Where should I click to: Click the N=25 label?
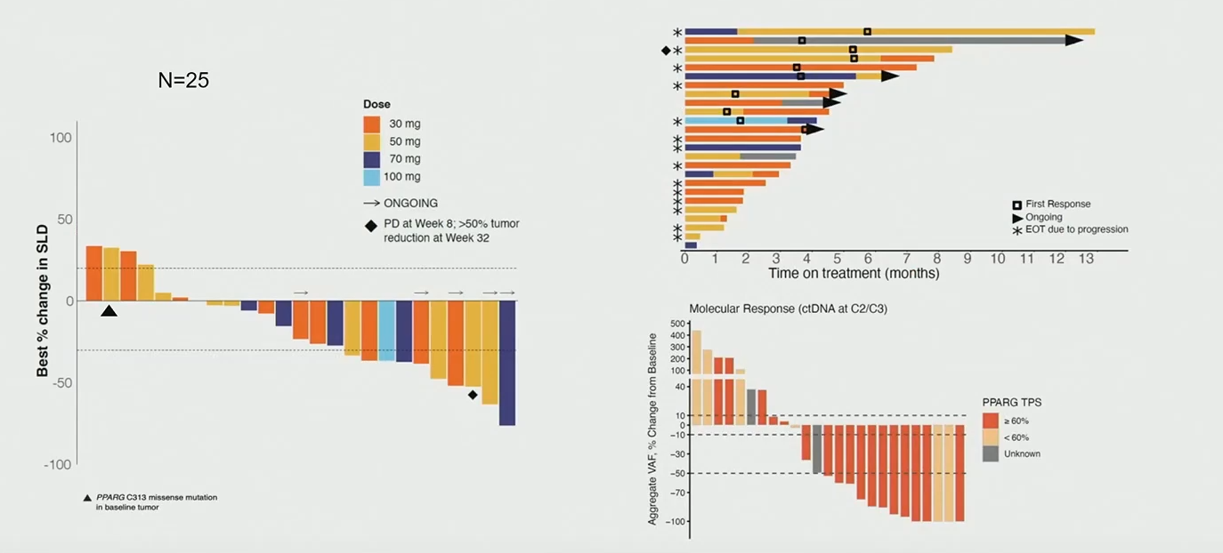pos(183,80)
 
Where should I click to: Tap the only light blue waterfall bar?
pos(386,330)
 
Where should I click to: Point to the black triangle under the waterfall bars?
pos(109,310)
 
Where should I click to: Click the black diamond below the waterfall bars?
pos(473,395)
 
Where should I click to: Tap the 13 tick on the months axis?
pos(1087,259)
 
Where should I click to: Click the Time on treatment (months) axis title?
pos(854,274)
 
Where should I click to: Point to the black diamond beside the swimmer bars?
pos(666,51)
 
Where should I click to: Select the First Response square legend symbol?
pos(1016,204)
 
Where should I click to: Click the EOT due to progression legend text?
pos(1077,229)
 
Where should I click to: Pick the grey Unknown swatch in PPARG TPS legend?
pos(991,453)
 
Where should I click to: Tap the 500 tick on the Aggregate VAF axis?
pos(677,324)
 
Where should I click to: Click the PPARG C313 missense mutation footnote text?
pos(157,502)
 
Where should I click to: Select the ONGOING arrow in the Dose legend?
pos(371,203)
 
